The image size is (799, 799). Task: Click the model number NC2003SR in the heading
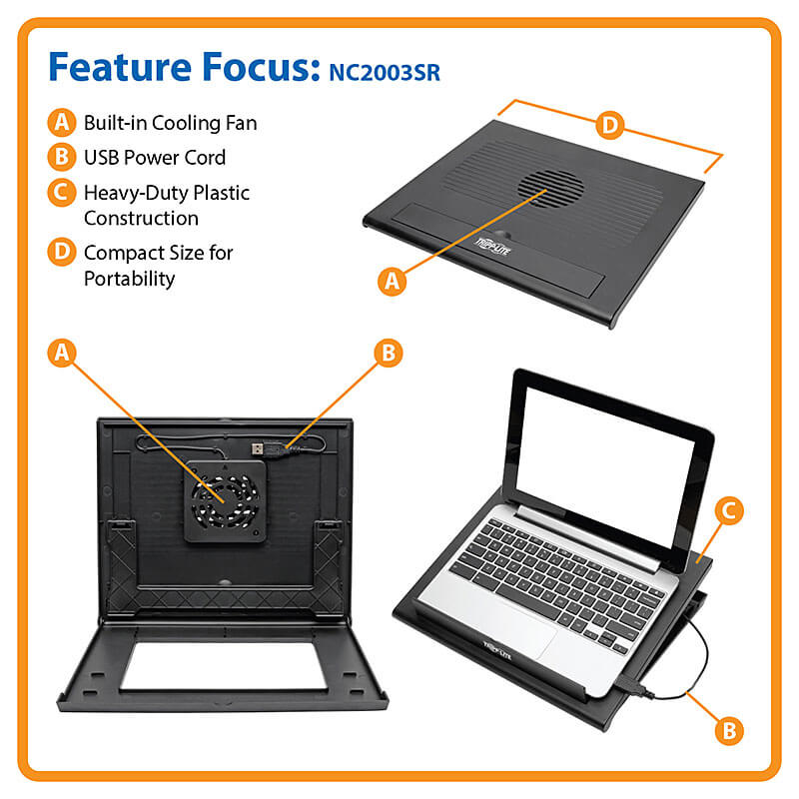pos(385,72)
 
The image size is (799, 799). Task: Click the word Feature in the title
pos(120,66)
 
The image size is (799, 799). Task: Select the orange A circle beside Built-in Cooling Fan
pos(62,122)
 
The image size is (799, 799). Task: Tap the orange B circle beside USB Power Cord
pos(62,157)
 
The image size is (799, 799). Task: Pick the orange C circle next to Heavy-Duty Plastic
pos(62,192)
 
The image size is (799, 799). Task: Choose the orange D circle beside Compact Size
pos(62,252)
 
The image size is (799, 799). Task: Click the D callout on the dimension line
pos(610,125)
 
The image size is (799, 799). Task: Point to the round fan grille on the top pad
pos(550,189)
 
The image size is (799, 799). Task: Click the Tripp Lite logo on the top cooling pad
pos(492,246)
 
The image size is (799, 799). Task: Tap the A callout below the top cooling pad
pos(392,281)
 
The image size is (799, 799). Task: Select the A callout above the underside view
pos(62,353)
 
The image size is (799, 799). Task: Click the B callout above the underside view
pos(389,354)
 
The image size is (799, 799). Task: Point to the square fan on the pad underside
pos(226,501)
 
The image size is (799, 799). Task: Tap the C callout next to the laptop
pos(729,511)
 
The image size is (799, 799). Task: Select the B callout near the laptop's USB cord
pos(729,731)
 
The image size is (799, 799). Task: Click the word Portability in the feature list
pos(130,279)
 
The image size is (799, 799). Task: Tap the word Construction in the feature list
pos(141,218)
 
